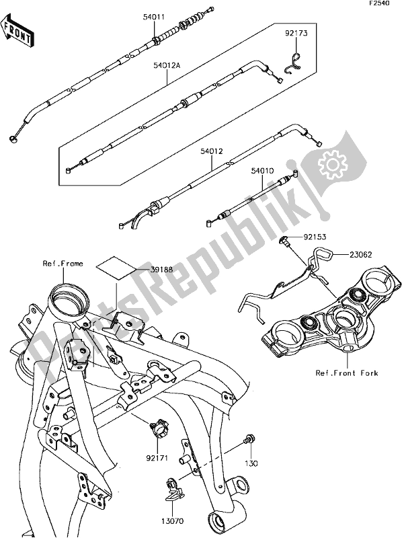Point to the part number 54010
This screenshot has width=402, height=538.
point(263,172)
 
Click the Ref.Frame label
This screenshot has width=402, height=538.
point(63,264)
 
